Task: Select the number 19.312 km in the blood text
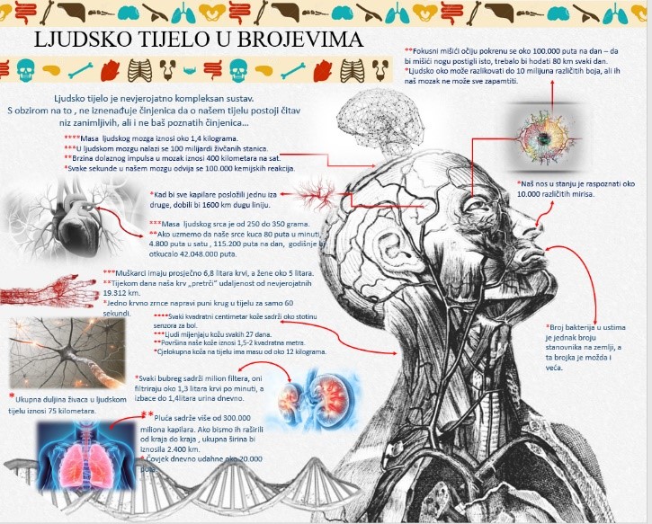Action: click(123, 293)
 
